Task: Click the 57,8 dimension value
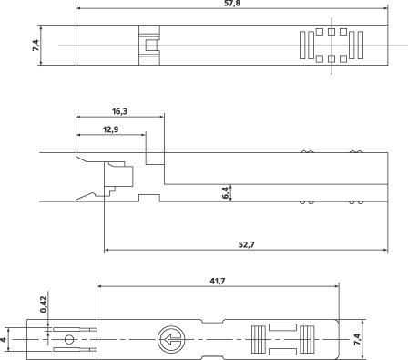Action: click(231, 4)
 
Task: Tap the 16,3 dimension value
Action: click(119, 111)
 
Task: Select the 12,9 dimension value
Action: click(110, 129)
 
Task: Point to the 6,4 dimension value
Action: click(226, 192)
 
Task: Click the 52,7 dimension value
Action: click(246, 244)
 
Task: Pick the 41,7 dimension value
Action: click(218, 281)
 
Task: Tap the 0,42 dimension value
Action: click(44, 304)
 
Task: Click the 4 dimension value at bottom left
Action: click(3, 339)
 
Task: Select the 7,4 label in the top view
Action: click(36, 45)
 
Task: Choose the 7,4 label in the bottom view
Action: click(358, 339)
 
